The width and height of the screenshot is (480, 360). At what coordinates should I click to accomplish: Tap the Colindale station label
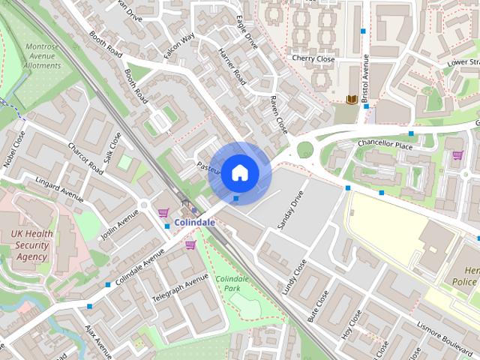tap(194, 223)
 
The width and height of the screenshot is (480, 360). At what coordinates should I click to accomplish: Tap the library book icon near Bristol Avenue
tap(351, 100)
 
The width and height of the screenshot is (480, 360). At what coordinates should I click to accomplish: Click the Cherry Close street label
tap(313, 58)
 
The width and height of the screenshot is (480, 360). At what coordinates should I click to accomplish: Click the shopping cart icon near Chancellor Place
tap(457, 155)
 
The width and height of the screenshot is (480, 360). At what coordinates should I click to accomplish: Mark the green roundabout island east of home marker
tap(304, 149)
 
